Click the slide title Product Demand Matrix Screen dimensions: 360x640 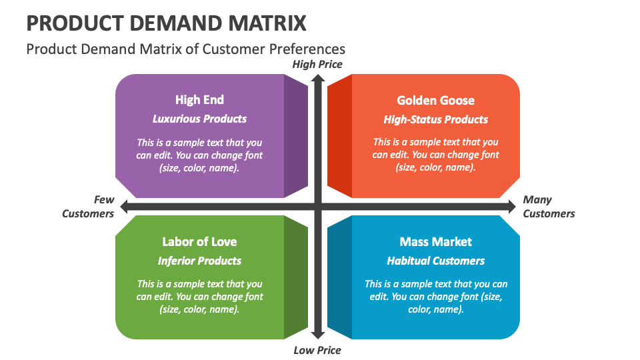(167, 23)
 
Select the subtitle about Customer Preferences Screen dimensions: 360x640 (185, 49)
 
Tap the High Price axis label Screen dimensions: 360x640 (317, 64)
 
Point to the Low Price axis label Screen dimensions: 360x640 (317, 350)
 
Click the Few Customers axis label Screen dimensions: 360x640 (89, 207)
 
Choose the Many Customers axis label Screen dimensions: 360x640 (549, 207)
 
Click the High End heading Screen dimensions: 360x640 (199, 100)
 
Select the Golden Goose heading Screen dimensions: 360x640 (435, 101)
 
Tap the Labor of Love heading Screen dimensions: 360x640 (199, 241)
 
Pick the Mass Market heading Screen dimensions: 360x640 (435, 241)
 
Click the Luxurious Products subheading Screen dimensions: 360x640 (199, 119)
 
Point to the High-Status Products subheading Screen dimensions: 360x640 (435, 120)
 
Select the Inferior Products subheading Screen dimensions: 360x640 (199, 261)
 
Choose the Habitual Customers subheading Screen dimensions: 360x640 (435, 261)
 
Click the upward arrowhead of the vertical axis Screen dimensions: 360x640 (318, 78)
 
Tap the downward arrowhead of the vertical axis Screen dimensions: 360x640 (318, 335)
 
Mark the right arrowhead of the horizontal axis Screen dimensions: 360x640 (511, 207)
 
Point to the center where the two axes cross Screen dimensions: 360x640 (318, 207)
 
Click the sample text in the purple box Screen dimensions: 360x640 (199, 155)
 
